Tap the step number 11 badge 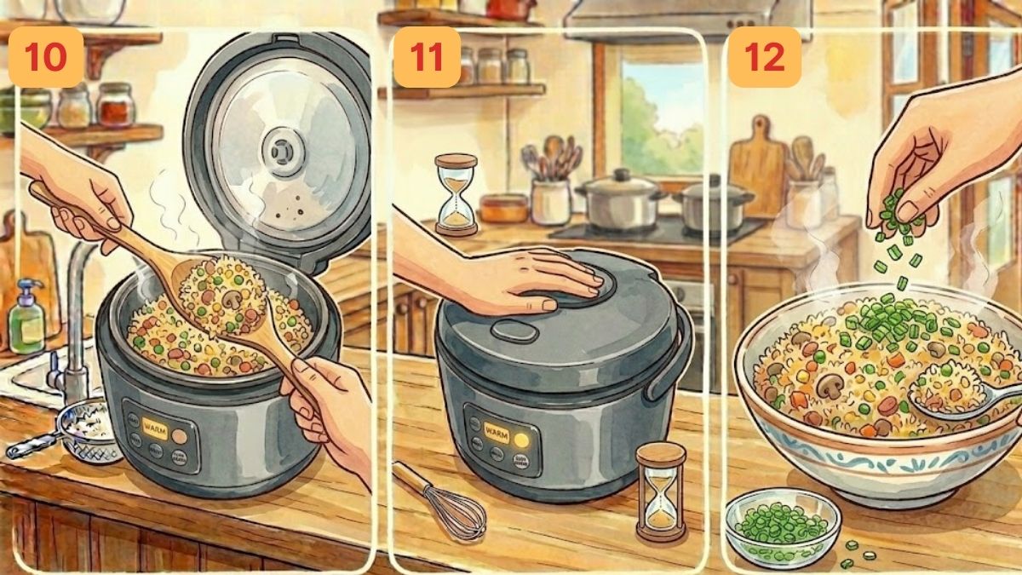pyautogui.click(x=427, y=57)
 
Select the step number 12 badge pyautogui.click(x=763, y=57)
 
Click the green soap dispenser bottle pyautogui.click(x=26, y=317)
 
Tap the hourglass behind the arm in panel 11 pyautogui.click(x=456, y=194)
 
